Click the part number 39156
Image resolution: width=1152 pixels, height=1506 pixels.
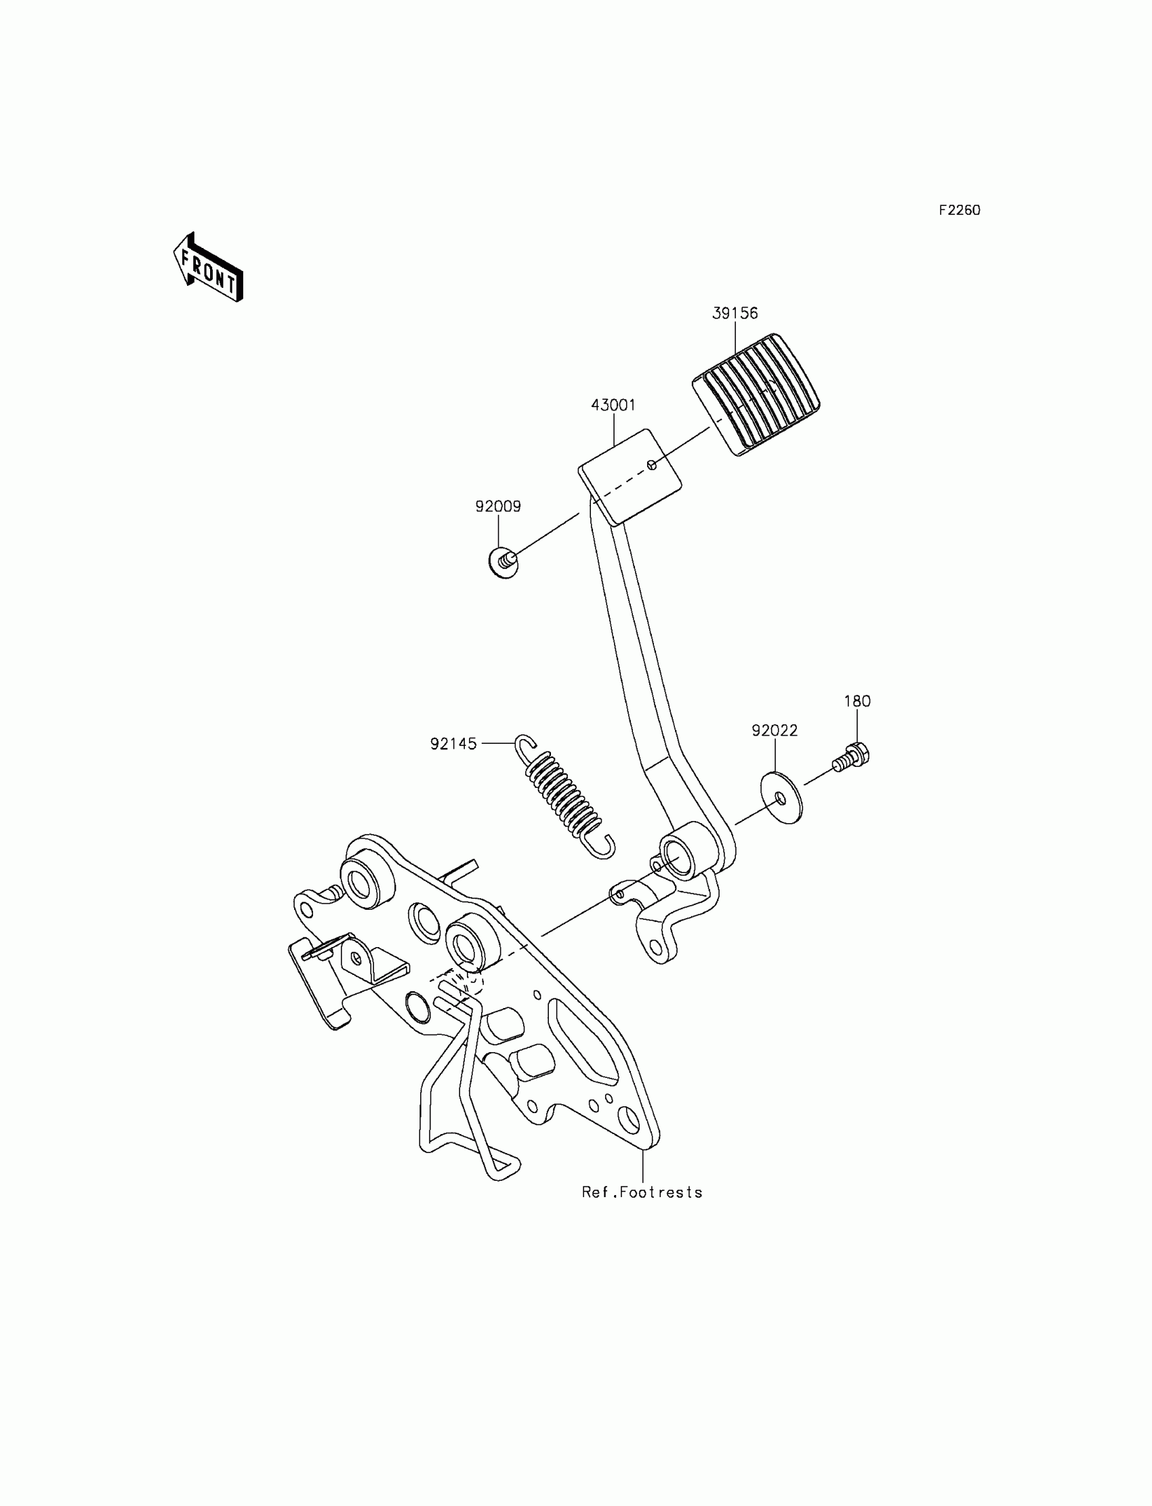pos(735,313)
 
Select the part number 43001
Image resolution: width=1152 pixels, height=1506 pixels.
pos(613,405)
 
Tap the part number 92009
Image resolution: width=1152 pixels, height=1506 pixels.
pos(498,507)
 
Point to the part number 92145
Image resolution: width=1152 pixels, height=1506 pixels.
pos(453,744)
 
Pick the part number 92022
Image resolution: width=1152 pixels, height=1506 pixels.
pos(774,731)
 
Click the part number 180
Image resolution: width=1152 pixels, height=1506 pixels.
pos(857,701)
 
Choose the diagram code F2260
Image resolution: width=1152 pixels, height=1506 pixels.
pos(960,211)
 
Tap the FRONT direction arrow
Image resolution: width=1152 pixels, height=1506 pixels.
pos(208,268)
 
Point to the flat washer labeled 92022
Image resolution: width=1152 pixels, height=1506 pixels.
pos(781,798)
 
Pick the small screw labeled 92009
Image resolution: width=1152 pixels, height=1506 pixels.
pos(503,564)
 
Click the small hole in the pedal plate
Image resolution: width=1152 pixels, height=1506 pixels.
pos(653,465)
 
